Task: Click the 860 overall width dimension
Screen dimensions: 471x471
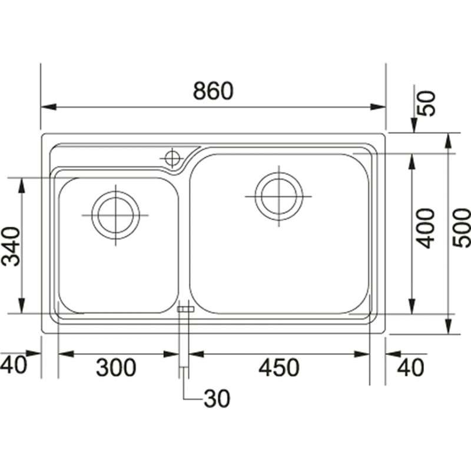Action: pyautogui.click(x=213, y=91)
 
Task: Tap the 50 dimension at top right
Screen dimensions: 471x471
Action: pyautogui.click(x=427, y=103)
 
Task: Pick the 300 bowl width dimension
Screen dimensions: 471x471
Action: pyautogui.click(x=116, y=367)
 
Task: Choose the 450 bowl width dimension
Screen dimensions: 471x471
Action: pyautogui.click(x=279, y=367)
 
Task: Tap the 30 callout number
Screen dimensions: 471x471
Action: pyautogui.click(x=217, y=399)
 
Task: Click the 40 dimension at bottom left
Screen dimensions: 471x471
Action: pyautogui.click(x=14, y=365)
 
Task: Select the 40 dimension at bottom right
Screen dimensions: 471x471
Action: pyautogui.click(x=410, y=367)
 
